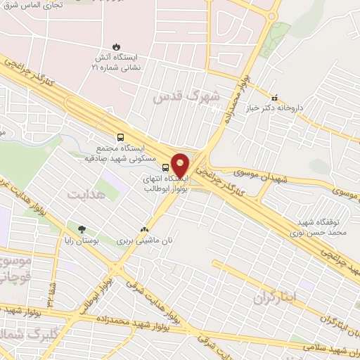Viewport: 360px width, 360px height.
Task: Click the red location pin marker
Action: (180, 164)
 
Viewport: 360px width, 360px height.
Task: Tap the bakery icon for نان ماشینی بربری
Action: (145, 229)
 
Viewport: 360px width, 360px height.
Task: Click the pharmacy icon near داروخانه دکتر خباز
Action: (275, 98)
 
